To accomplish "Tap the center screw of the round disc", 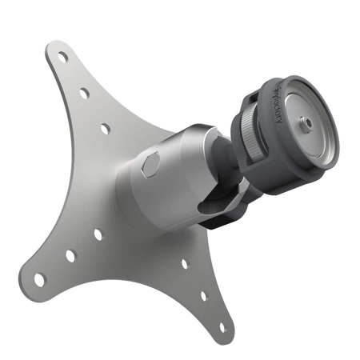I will (x=306, y=125).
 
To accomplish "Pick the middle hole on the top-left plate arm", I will (x=84, y=94).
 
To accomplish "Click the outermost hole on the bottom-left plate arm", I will (x=39, y=279).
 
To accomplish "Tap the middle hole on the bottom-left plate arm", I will (x=70, y=256).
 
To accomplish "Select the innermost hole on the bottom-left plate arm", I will (x=98, y=234).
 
